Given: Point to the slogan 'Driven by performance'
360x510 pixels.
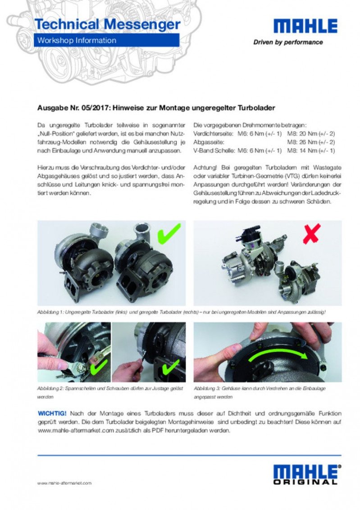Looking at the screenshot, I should [x=288, y=42].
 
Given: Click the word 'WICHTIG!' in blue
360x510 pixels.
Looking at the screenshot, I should [x=52, y=413].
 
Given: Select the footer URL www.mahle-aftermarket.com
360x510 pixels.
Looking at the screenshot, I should [x=64, y=483].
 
